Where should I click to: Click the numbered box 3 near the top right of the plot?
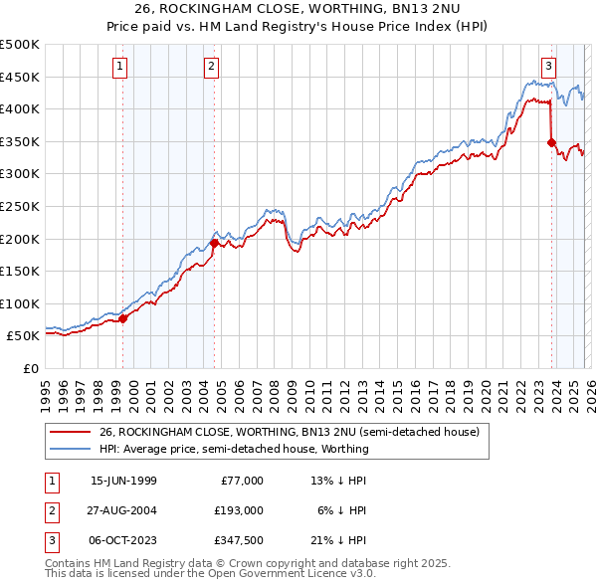pyautogui.click(x=548, y=67)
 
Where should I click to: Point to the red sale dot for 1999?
pyautogui.click(x=123, y=318)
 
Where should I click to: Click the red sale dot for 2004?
pyautogui.click(x=215, y=243)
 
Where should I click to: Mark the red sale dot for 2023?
pyautogui.click(x=551, y=142)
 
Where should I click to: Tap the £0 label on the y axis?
pyautogui.click(x=30, y=368)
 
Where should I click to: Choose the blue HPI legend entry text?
pyautogui.click(x=234, y=449)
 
